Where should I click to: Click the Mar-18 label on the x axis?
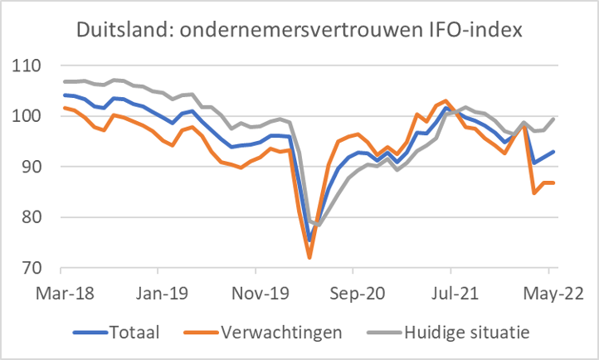click(61, 294)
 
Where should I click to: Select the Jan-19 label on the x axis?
click(158, 294)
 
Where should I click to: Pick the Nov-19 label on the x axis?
click(256, 294)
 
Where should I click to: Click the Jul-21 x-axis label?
click(450, 294)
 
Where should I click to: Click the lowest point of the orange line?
click(309, 258)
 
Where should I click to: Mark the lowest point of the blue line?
click(309, 241)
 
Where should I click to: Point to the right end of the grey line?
click(554, 118)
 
